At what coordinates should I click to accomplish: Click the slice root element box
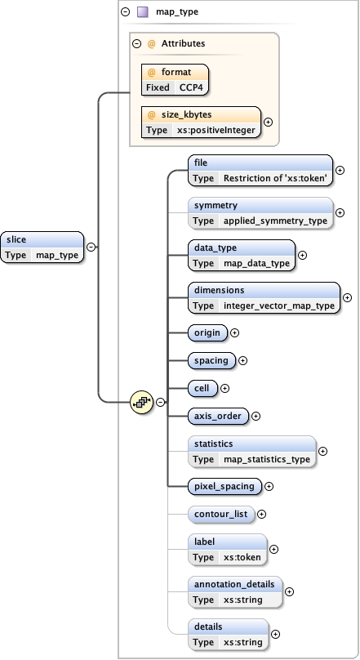pyautogui.click(x=42, y=247)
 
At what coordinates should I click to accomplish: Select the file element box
pyautogui.click(x=260, y=170)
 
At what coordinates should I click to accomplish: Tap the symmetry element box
pyautogui.click(x=260, y=212)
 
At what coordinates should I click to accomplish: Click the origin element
pyautogui.click(x=207, y=332)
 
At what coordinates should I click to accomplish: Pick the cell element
pyautogui.click(x=202, y=388)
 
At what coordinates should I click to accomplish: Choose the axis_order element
pyautogui.click(x=218, y=416)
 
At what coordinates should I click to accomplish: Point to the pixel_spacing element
pyautogui.click(x=224, y=486)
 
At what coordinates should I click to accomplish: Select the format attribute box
pyautogui.click(x=175, y=79)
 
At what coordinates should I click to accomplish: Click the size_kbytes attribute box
pyautogui.click(x=201, y=122)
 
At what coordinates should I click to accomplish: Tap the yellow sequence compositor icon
pyautogui.click(x=143, y=401)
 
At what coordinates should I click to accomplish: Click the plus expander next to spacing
pyautogui.click(x=242, y=360)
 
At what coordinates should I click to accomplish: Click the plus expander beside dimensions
pyautogui.click(x=347, y=298)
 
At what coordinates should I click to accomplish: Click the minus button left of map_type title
pyautogui.click(x=124, y=12)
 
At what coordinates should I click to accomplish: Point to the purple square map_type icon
pyautogui.click(x=142, y=12)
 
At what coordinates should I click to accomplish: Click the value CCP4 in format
pyautogui.click(x=193, y=87)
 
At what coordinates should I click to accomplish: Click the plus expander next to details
pyautogui.click(x=275, y=634)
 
